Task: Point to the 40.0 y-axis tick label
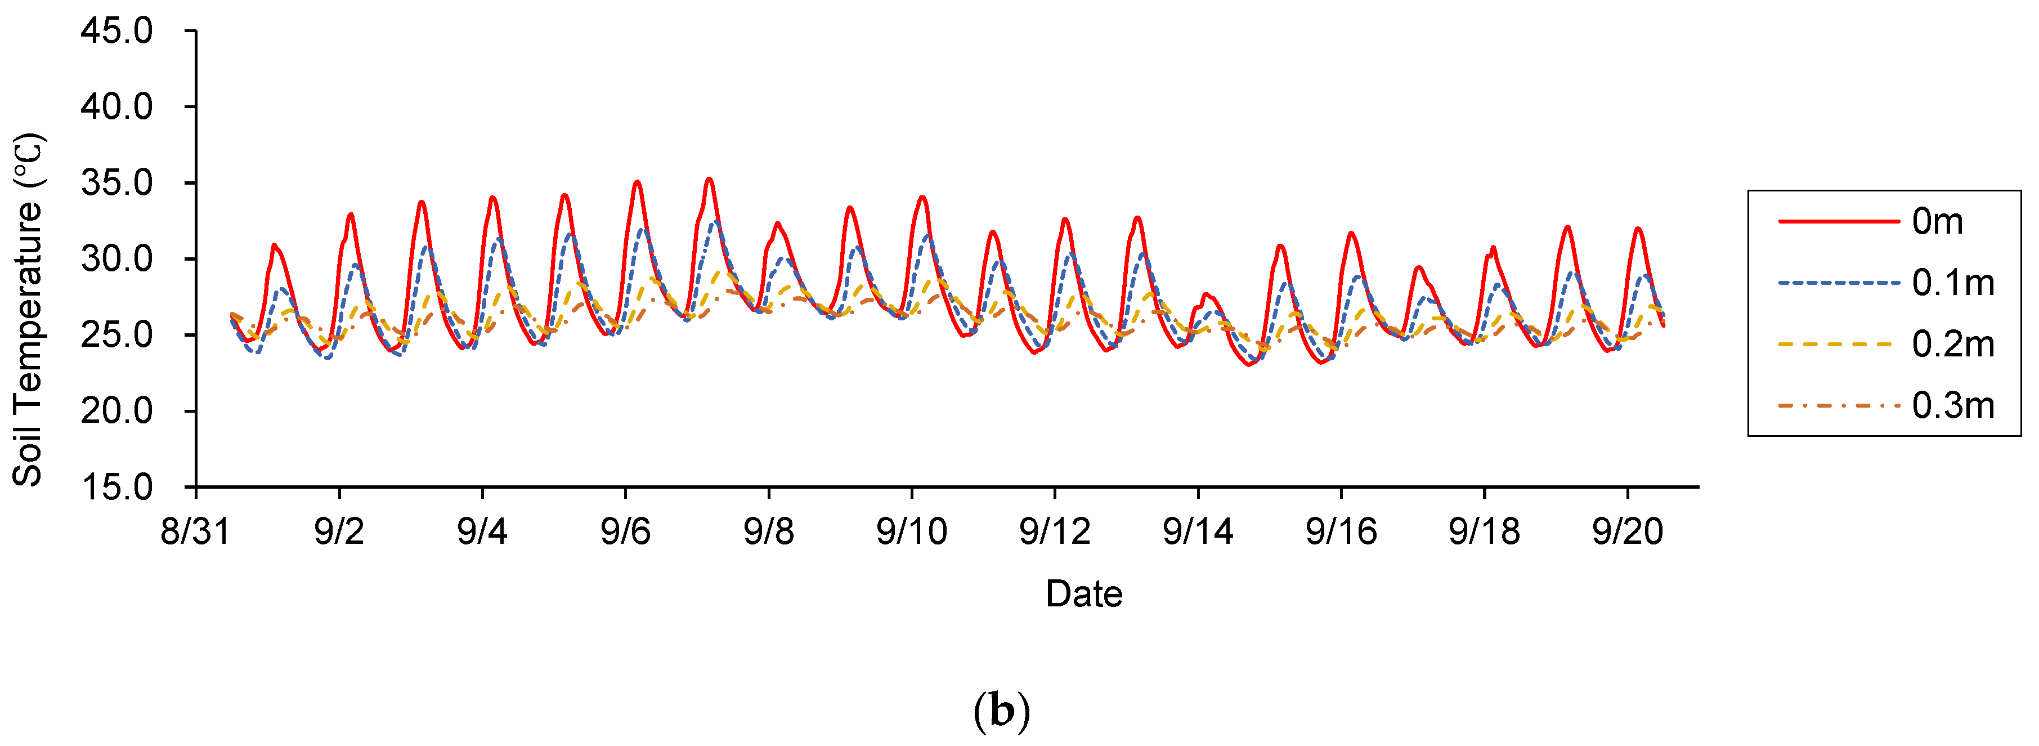(x=116, y=107)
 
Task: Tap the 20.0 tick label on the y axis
(x=116, y=411)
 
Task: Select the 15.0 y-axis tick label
(x=116, y=486)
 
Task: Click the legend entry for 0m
(x=1937, y=222)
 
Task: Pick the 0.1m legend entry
(x=1953, y=283)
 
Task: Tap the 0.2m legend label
(x=1953, y=345)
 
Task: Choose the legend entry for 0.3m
(x=1953, y=405)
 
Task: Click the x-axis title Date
(x=1083, y=594)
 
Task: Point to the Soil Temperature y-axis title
(x=29, y=309)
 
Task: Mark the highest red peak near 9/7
(x=709, y=180)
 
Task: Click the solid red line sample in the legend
(x=1838, y=222)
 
